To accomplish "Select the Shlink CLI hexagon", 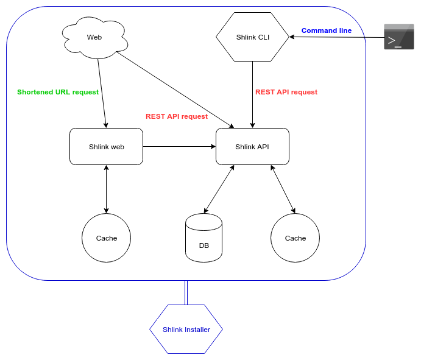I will click(252, 37).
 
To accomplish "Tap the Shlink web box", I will click(106, 147).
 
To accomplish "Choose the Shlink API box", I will click(252, 147).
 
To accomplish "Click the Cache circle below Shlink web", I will click(107, 238).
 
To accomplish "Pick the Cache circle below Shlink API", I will click(295, 238).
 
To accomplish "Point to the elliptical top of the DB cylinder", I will click(203, 222).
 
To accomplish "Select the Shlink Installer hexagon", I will click(186, 330).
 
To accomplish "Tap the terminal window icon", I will click(399, 37).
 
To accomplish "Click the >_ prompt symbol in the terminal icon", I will click(395, 41).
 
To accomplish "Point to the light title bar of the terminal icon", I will click(399, 27).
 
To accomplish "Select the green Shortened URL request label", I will click(58, 92).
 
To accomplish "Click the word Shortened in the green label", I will click(35, 92).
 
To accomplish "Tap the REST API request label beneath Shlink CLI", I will click(286, 92).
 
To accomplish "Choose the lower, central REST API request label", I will click(177, 116).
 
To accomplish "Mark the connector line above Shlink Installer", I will click(186, 292).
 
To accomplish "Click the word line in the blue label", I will click(345, 30).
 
